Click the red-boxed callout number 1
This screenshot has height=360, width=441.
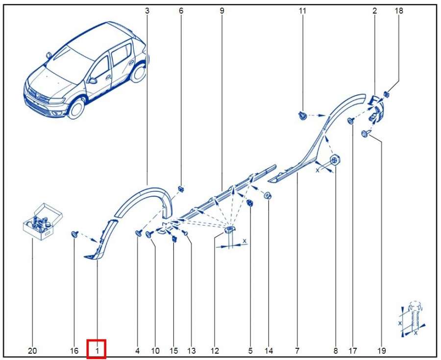(97, 351)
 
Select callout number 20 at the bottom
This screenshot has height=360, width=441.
(32, 351)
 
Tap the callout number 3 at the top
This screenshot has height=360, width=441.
(147, 11)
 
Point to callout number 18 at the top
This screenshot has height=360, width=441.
(399, 11)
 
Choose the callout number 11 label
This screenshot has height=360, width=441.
(302, 11)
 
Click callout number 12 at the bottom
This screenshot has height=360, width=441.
(214, 351)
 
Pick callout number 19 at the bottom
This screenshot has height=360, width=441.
(382, 351)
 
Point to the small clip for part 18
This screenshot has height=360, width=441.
(387, 94)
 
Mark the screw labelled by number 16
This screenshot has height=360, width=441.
(74, 234)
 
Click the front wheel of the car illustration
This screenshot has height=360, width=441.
(76, 108)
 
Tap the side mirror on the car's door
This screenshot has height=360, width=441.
(92, 80)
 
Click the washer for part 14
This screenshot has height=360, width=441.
(268, 195)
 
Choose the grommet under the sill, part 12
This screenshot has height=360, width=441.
(229, 230)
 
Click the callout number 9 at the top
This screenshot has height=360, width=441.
(222, 11)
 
